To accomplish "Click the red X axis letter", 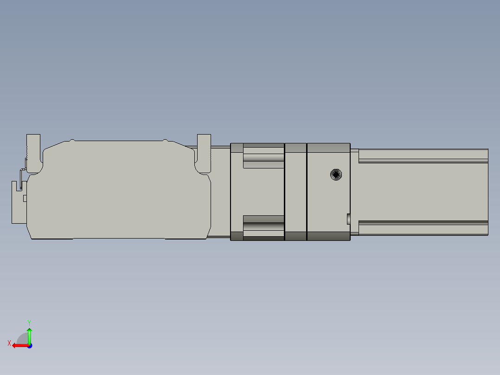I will click(9, 343).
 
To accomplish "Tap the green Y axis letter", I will click(29, 322).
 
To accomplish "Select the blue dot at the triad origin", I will click(30, 345).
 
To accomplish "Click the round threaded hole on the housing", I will click(336, 175).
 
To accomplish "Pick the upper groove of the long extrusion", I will click(423, 161).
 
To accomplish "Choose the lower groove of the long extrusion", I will click(423, 223).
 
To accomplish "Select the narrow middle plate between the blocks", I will click(295, 191).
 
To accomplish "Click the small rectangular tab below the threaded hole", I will click(348, 219).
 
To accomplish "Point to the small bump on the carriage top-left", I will click(71, 140).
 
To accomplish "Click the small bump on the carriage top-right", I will click(165, 140).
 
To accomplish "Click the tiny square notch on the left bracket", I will click(25, 199).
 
